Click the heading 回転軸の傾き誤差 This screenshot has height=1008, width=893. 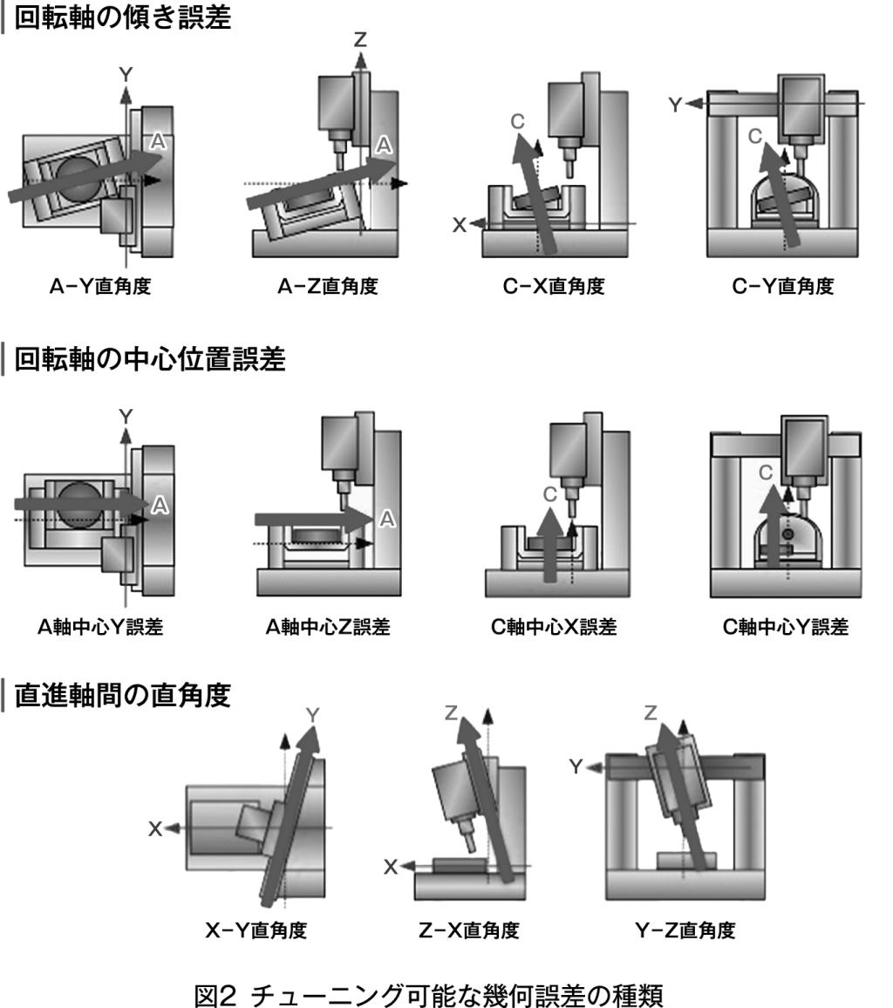pos(122,17)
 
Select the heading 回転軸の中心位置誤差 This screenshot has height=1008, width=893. pos(150,358)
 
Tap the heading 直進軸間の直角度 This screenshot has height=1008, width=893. pos(122,695)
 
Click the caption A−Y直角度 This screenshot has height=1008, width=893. pos(100,286)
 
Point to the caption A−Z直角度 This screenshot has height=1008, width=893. pos(328,286)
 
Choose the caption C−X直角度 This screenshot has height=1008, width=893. pos(554,286)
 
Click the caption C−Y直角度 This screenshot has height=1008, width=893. pos(783,286)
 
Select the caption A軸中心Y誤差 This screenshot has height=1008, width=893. pos(100,626)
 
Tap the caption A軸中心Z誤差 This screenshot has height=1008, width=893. pos(328,626)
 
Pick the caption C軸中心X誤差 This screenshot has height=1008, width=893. pos(554,626)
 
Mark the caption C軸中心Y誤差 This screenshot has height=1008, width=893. pos(786,626)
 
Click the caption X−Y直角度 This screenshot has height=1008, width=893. pos(256,930)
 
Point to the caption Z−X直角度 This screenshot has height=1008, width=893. pos(468,930)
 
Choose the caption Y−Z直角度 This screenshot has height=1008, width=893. pos(685,930)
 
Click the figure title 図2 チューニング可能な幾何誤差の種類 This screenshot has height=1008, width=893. pos(428,995)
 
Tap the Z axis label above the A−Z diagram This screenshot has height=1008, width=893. pos(360,40)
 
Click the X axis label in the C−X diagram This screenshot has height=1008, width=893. pos(459,224)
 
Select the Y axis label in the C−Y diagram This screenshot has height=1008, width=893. pos(675,104)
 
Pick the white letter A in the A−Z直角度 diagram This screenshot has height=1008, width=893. pos(384,146)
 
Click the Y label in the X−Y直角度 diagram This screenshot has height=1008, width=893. pos(312,715)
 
